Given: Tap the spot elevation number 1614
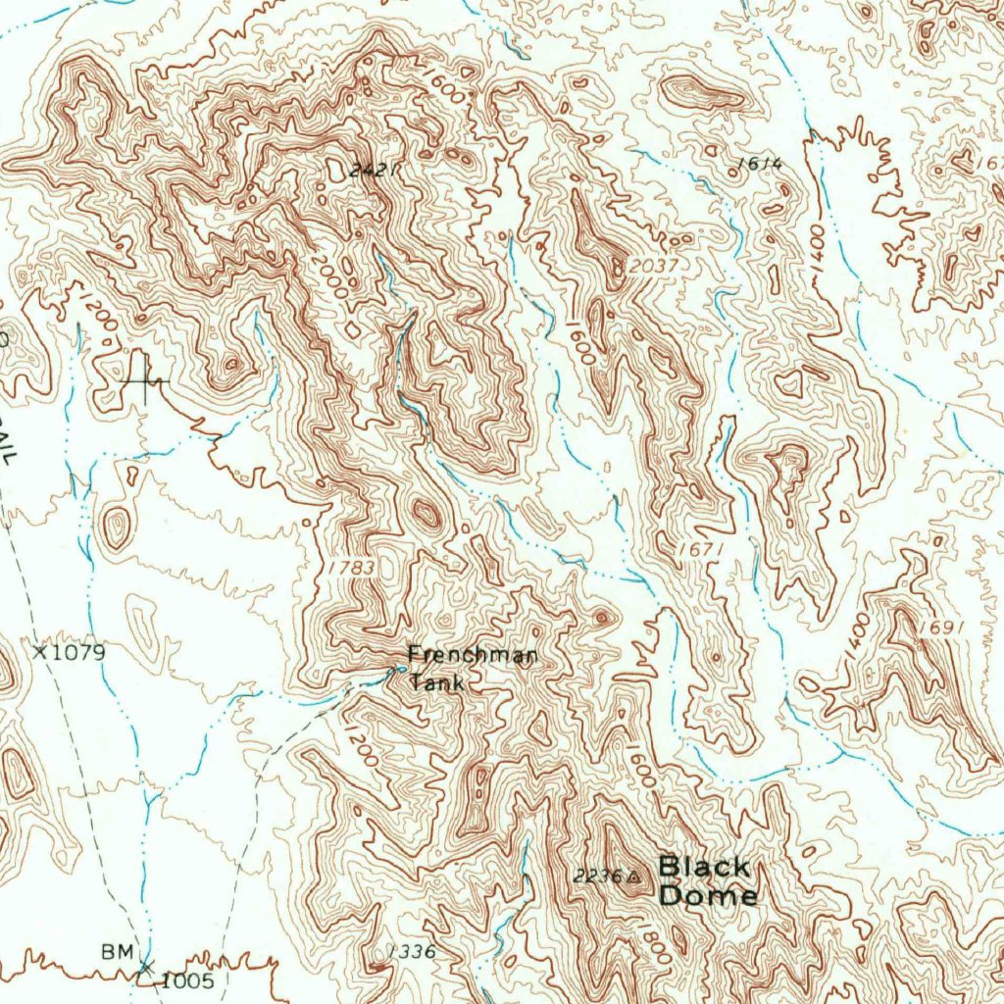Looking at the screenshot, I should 762,164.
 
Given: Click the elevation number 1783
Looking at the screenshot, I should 351,568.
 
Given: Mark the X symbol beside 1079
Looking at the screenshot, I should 40,651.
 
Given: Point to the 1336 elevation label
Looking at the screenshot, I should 411,951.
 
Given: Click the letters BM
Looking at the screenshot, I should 115,951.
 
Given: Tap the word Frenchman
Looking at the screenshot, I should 472,656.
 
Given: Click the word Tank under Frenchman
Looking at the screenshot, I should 436,682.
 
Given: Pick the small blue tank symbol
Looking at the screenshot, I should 399,670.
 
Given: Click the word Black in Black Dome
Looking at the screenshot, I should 704,867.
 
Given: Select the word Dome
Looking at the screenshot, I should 707,895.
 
